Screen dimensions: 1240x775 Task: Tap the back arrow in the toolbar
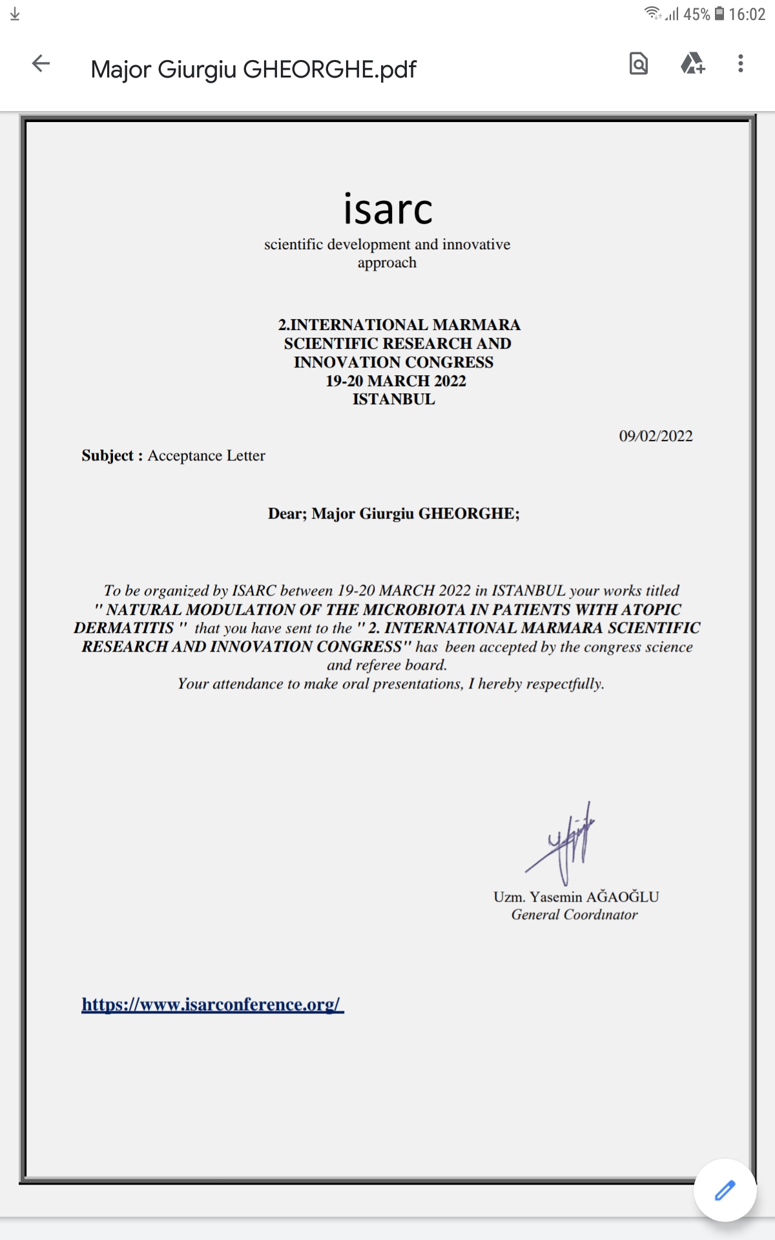41,64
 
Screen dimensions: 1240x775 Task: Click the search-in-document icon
638,64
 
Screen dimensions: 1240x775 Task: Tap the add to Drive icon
692,64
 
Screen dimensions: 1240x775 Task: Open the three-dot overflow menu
741,64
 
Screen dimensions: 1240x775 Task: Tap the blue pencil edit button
725,1190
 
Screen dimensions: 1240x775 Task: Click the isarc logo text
387,209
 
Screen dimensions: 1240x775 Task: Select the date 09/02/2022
656,437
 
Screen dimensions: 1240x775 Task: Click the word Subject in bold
107,456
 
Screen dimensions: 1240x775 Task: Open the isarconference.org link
212,1005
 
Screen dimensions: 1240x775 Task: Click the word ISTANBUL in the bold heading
393,400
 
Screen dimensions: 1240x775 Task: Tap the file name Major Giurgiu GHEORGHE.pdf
253,69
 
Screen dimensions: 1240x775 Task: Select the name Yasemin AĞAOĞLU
594,897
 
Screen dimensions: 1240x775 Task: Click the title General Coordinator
574,915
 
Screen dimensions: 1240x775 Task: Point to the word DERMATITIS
123,628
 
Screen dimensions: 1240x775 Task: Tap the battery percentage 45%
696,14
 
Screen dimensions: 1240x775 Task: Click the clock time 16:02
747,14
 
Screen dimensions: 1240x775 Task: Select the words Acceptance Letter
206,456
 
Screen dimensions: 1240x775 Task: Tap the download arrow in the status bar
15,14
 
